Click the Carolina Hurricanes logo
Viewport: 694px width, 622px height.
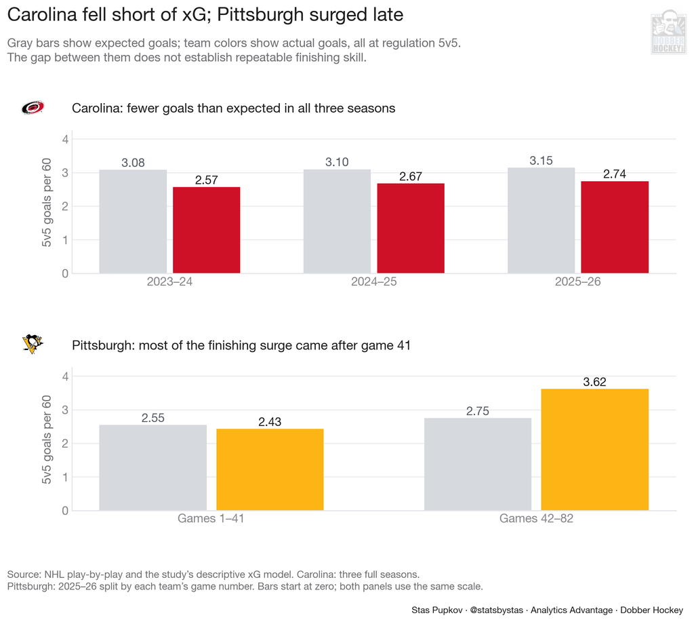pos(33,108)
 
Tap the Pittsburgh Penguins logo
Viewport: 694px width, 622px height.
pos(33,344)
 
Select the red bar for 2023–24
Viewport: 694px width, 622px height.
pos(206,230)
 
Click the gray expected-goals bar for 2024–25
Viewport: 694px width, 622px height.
pos(337,221)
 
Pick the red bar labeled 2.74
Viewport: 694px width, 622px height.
pos(615,227)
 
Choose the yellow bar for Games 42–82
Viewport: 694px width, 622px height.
pos(595,450)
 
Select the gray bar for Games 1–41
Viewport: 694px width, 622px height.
pos(152,467)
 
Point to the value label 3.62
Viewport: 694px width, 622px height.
pos(594,382)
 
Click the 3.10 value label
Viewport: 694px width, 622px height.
pos(337,162)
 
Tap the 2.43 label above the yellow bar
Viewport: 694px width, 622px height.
pos(270,422)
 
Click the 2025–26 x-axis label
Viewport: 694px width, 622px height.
pos(577,281)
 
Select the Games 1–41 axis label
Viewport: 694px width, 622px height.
pos(211,518)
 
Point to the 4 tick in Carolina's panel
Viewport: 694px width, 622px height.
pos(66,139)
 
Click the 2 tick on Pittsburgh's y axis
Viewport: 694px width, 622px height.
pos(66,444)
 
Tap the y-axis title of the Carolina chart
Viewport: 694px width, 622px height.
pos(47,202)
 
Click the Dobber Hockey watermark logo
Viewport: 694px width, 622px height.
pos(668,33)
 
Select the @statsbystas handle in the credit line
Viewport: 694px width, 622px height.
pos(496,610)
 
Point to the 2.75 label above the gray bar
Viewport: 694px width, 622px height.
pos(478,411)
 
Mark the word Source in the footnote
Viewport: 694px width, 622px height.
pos(24,575)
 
